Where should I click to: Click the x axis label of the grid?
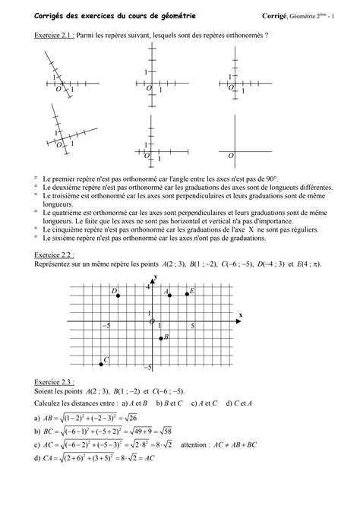pos(240,314)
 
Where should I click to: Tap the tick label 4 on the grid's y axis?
pos(148,286)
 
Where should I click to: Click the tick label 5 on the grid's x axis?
pos(192,326)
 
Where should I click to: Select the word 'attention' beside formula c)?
pos(241,445)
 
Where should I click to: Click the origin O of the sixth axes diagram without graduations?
pos(230,154)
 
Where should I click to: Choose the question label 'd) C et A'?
pos(238,403)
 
